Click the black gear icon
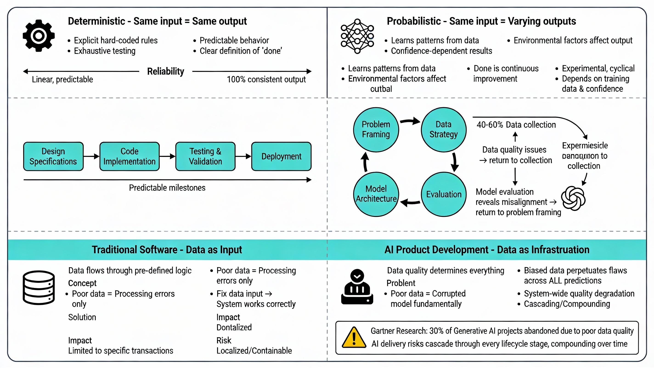click(39, 36)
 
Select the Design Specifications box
click(53, 156)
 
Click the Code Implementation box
click(130, 156)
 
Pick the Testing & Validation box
click(205, 156)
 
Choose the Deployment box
click(281, 156)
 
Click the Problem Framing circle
click(376, 129)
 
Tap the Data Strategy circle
click(443, 129)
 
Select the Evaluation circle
click(443, 194)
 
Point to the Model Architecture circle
click(376, 194)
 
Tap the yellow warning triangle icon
click(354, 338)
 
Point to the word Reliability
click(166, 72)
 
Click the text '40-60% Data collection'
click(516, 125)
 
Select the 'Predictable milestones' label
click(167, 188)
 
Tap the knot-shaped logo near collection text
click(573, 198)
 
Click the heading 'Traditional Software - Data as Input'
click(167, 250)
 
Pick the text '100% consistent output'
click(266, 79)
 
